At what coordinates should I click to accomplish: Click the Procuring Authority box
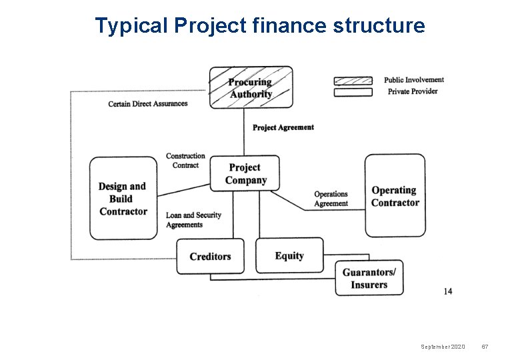pos(251,87)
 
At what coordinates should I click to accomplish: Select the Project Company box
pos(245,173)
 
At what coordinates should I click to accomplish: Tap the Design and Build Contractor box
pos(123,198)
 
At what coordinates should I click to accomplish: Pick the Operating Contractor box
pos(395,196)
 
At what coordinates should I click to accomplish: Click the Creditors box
pos(210,256)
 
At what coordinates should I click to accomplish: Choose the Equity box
pos(289,255)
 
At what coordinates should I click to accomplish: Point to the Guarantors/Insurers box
pos(369,278)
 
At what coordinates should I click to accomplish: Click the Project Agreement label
pos(283,127)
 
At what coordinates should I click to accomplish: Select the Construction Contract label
pos(185,161)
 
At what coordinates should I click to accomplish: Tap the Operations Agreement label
pos(331,199)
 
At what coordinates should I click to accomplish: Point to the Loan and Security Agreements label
pos(193,220)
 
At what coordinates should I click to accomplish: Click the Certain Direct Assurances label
pos(148,104)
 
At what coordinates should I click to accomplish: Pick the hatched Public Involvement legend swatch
pos(353,81)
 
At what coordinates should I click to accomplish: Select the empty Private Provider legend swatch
pos(353,92)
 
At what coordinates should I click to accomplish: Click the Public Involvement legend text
pos(413,80)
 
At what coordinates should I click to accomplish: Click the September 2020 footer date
pos(443,347)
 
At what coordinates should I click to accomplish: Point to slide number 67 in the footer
pos(485,347)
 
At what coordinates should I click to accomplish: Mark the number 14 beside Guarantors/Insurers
pos(447,291)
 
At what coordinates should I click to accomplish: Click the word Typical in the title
pos(131,25)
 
